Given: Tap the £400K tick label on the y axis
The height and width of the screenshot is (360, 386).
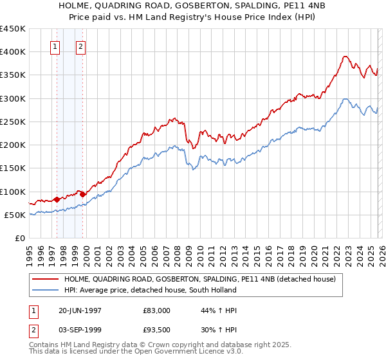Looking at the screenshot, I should click(13, 52).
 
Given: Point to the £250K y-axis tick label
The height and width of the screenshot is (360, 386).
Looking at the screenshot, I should click(13, 122).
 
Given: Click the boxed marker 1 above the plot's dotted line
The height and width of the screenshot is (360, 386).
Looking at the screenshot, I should click(55, 46).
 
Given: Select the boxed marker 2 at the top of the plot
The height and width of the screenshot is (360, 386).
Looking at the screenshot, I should click(81, 46).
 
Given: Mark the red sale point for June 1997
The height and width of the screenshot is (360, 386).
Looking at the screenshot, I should click(57, 199).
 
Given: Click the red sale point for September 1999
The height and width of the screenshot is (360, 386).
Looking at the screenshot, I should click(82, 194).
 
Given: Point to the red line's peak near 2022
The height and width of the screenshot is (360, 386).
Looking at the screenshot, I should click(345, 56).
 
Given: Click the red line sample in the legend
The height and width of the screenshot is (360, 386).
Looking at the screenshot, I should click(46, 280).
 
